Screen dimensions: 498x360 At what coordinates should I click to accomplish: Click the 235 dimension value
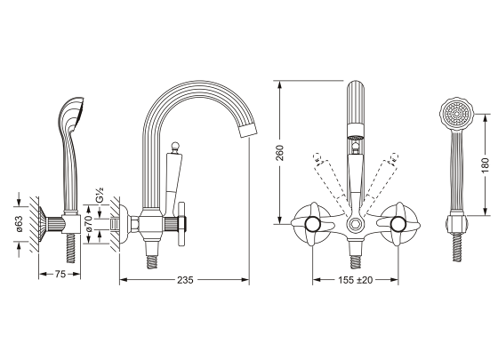coord(185,280)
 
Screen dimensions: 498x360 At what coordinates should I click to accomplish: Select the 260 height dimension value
coord(280,153)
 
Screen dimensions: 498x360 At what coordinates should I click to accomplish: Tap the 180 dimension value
coord(485,165)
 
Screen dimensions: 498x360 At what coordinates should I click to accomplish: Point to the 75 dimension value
coord(60,274)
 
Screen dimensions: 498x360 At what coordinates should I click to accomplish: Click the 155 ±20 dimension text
coord(355,280)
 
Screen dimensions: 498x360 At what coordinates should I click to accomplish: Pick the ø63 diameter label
coord(20,223)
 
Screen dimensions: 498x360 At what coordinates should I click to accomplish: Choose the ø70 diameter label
coord(89,224)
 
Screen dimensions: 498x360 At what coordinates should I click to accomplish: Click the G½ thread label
coord(100,195)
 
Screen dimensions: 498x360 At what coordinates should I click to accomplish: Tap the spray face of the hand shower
coord(457,114)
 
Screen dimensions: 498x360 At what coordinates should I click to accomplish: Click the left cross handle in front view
coord(313,224)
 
